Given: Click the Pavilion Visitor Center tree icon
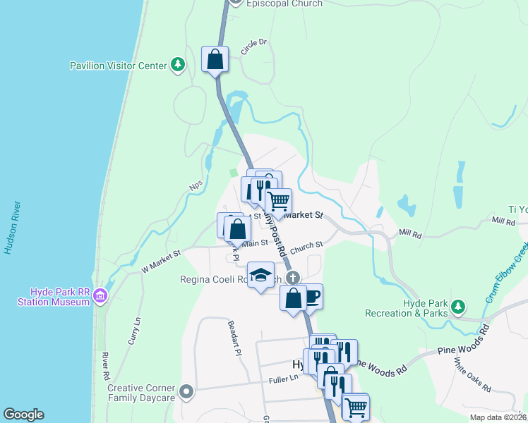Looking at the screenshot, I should tap(179, 66).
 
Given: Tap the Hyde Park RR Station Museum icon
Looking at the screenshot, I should tap(100, 296).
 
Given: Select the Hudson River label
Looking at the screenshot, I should tap(11, 229).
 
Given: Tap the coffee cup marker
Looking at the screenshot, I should tap(311, 296).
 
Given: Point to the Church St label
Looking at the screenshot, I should tap(306, 246).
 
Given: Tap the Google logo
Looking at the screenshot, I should tap(23, 415).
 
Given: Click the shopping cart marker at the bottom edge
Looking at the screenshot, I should tap(356, 406).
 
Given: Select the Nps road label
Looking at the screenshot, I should tap(196, 185).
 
